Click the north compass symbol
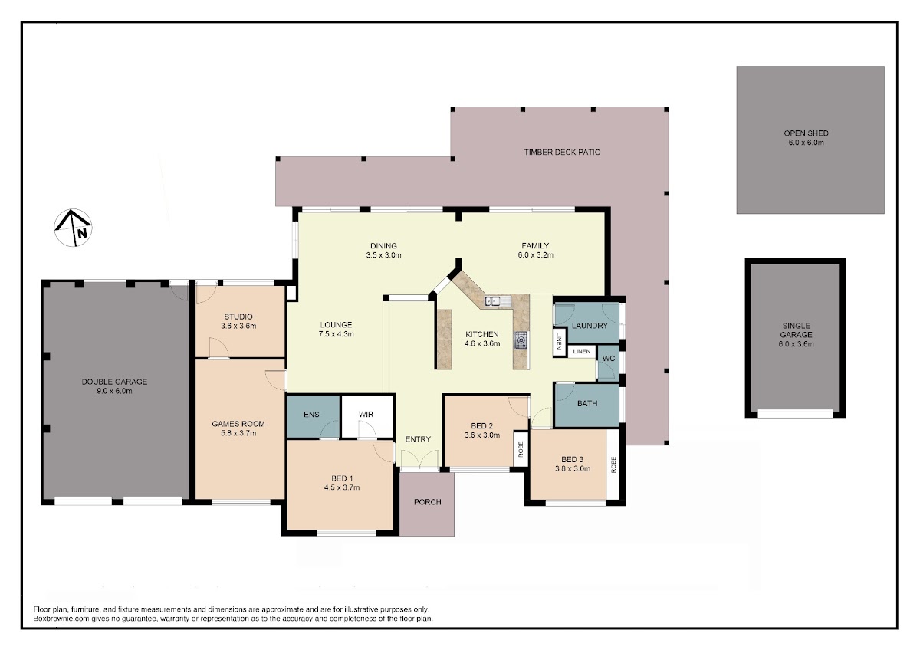pyautogui.click(x=73, y=228)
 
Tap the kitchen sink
pyautogui.click(x=498, y=301)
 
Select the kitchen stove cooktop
pyautogui.click(x=521, y=340)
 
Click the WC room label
pyautogui.click(x=608, y=359)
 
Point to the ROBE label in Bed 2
pyautogui.click(x=521, y=449)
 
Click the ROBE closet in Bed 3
pyautogui.click(x=613, y=465)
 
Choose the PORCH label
pyautogui.click(x=427, y=502)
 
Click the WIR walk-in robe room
pyautogui.click(x=367, y=416)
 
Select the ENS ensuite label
pyautogui.click(x=311, y=415)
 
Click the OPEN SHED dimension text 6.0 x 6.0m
pyautogui.click(x=806, y=143)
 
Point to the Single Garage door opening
pyautogui.click(x=795, y=413)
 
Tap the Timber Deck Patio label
pyautogui.click(x=562, y=152)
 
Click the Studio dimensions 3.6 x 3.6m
pyautogui.click(x=238, y=326)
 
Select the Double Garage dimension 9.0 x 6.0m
pyautogui.click(x=114, y=391)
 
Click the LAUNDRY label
pyautogui.click(x=590, y=326)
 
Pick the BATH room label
pyautogui.click(x=587, y=404)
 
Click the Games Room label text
pyautogui.click(x=238, y=424)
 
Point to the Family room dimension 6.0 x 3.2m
pyautogui.click(x=535, y=255)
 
